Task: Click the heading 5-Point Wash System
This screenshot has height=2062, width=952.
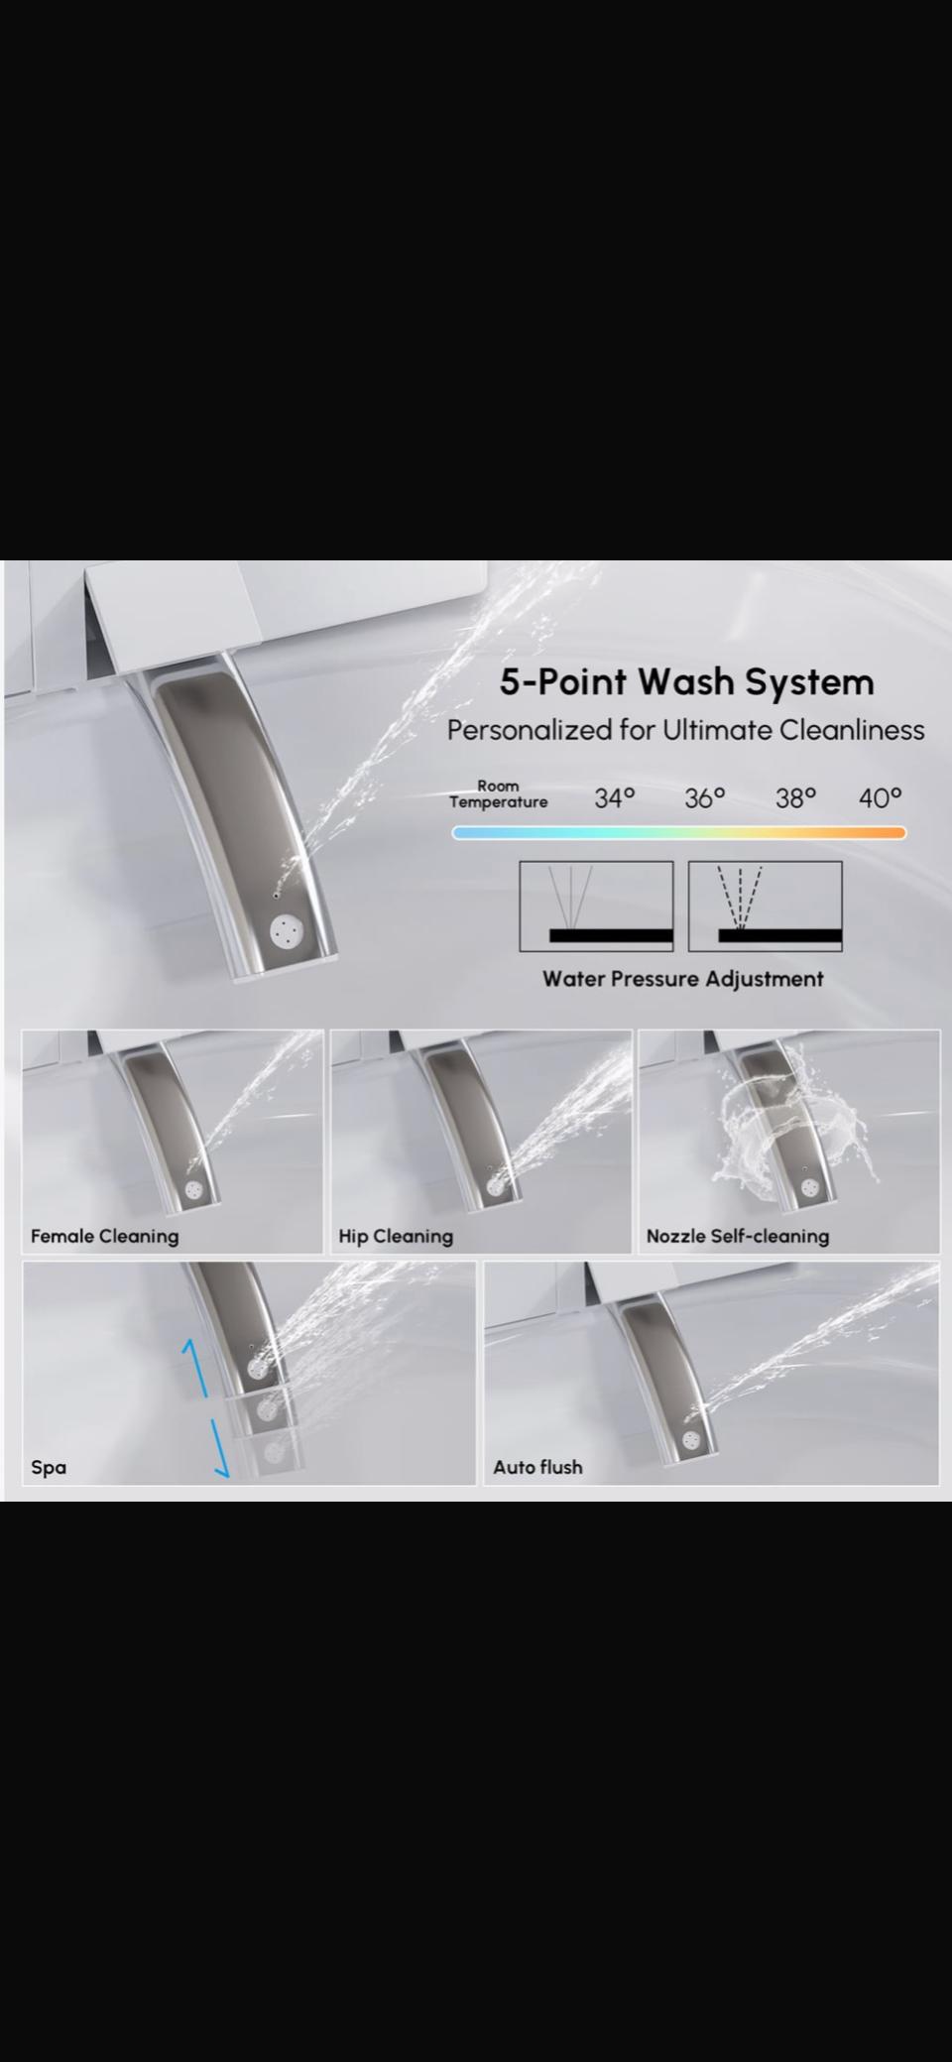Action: pyautogui.click(x=686, y=682)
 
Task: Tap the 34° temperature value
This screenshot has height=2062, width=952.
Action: pyautogui.click(x=615, y=797)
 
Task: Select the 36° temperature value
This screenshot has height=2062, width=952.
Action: pyautogui.click(x=705, y=797)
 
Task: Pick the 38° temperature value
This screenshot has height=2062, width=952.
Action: pyautogui.click(x=795, y=797)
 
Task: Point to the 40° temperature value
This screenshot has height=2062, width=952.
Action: pyautogui.click(x=881, y=797)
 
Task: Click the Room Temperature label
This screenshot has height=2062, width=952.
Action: pyautogui.click(x=498, y=794)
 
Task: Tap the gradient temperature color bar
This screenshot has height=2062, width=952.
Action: pyautogui.click(x=678, y=833)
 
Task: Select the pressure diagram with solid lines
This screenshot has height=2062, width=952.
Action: pyautogui.click(x=596, y=907)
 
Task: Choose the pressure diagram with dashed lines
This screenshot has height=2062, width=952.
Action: pyautogui.click(x=766, y=907)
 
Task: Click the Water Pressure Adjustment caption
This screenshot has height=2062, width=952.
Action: pyautogui.click(x=683, y=979)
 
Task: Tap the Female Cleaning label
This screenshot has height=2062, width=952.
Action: pyautogui.click(x=104, y=1236)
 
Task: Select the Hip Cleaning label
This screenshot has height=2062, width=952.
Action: pyautogui.click(x=396, y=1237)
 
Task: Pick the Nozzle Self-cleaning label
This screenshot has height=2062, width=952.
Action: pyautogui.click(x=738, y=1237)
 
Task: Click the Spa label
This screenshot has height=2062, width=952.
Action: pyautogui.click(x=49, y=1468)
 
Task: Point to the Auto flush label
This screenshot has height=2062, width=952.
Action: pyautogui.click(x=537, y=1467)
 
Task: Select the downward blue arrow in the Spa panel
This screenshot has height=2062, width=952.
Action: pyautogui.click(x=220, y=1448)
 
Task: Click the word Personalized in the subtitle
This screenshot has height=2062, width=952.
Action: pyautogui.click(x=529, y=731)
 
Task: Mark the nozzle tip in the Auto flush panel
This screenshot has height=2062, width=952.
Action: pyautogui.click(x=691, y=1440)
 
